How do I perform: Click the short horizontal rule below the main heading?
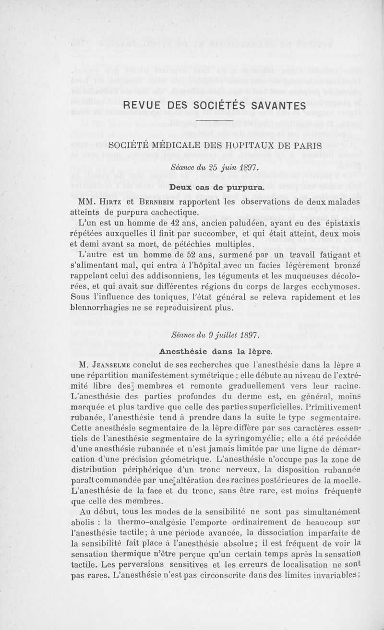(214, 120)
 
